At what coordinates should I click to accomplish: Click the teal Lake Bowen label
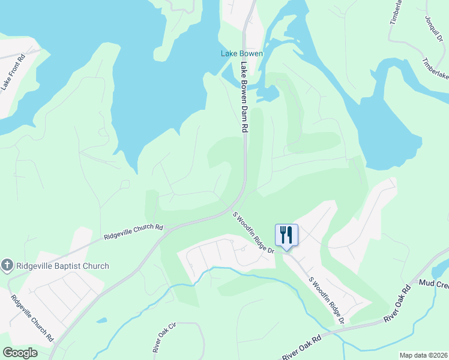point(242,53)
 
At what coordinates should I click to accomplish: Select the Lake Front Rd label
point(13,73)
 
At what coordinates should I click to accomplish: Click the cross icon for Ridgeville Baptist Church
point(7,265)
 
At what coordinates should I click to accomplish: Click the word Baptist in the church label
point(76,266)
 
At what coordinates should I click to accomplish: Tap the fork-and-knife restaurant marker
point(286,235)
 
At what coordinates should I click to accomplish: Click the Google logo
point(20,352)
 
